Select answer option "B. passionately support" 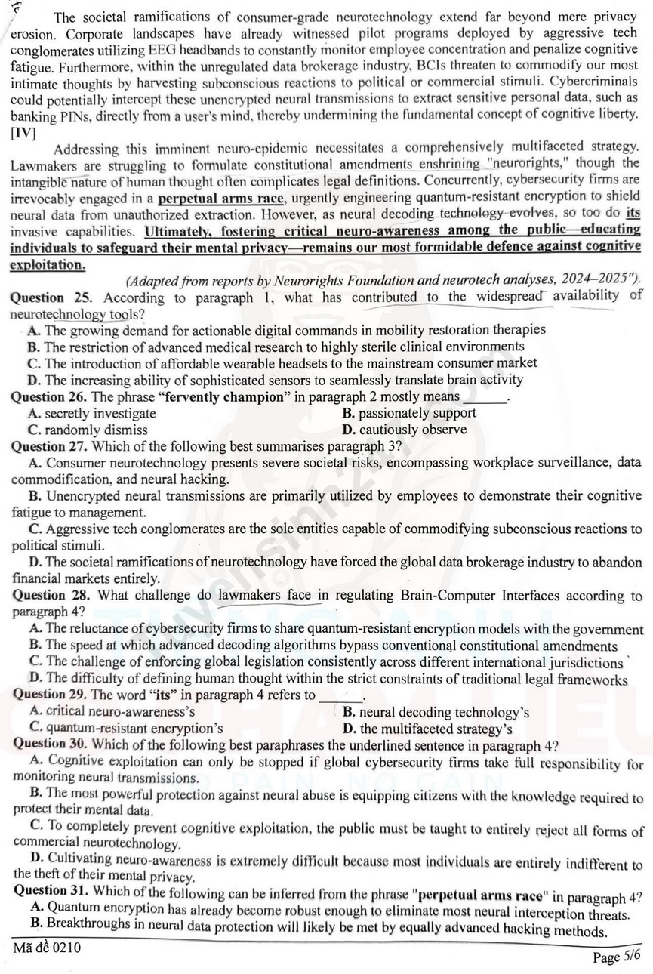point(409,413)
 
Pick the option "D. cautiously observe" point(404,430)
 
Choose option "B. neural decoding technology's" point(436,712)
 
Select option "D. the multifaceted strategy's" point(427,729)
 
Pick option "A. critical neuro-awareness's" point(111,711)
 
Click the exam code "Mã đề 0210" point(47,948)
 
